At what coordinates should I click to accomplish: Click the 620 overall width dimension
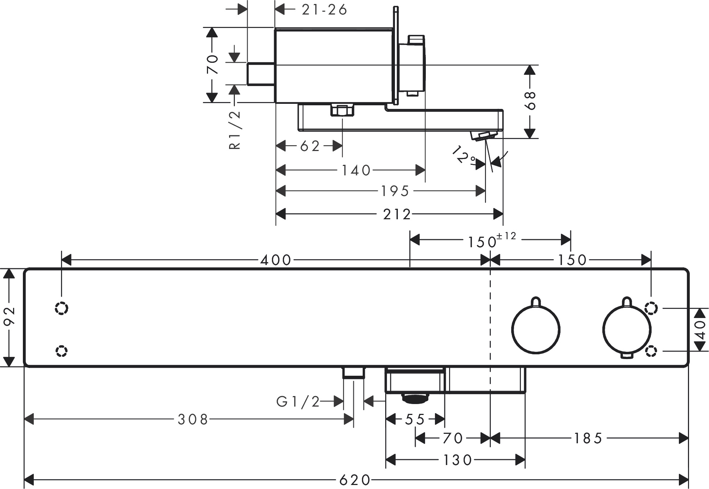[355, 480]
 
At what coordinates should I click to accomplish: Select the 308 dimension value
[193, 420]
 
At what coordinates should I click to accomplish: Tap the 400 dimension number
[276, 260]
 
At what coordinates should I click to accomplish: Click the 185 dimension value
[588, 439]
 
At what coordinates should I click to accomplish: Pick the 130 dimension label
[457, 460]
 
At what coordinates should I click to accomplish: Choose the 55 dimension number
[415, 420]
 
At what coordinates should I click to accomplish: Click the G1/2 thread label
[298, 402]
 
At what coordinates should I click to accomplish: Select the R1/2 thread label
[235, 130]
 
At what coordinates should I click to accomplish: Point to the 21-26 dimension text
[325, 10]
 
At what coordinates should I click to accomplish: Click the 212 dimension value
[397, 214]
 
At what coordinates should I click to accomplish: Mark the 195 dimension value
[395, 191]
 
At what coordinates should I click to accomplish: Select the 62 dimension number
[310, 146]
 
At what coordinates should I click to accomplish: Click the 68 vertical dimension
[530, 101]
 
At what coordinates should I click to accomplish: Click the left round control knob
[536, 329]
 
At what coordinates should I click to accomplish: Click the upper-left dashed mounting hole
[61, 308]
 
